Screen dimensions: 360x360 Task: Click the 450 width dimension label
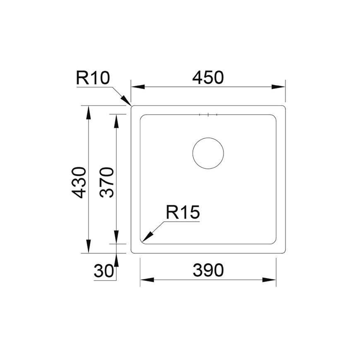208,77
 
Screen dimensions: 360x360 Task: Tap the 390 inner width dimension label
208,270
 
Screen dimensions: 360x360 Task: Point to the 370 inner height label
107,182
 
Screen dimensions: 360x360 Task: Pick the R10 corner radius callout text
93,78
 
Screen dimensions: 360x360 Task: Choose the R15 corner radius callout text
183,212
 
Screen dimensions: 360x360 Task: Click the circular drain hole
208,138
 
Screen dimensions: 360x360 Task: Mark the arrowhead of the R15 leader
147,237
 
